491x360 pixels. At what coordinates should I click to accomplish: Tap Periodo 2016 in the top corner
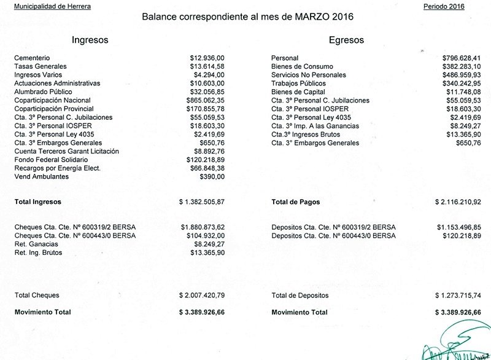444,6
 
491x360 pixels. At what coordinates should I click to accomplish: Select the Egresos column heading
346,40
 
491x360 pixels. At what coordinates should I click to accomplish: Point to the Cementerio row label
33,58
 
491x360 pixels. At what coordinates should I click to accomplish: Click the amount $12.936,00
208,58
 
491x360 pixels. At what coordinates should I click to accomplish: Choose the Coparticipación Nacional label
52,100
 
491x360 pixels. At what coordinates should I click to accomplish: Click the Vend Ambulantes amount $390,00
212,177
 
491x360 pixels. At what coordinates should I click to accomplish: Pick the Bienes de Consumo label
301,66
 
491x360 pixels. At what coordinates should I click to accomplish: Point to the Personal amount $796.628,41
462,58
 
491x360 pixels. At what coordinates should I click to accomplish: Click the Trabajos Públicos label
299,84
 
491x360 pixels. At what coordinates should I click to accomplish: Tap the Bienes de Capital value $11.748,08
463,92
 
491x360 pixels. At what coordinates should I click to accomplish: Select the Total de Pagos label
295,202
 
